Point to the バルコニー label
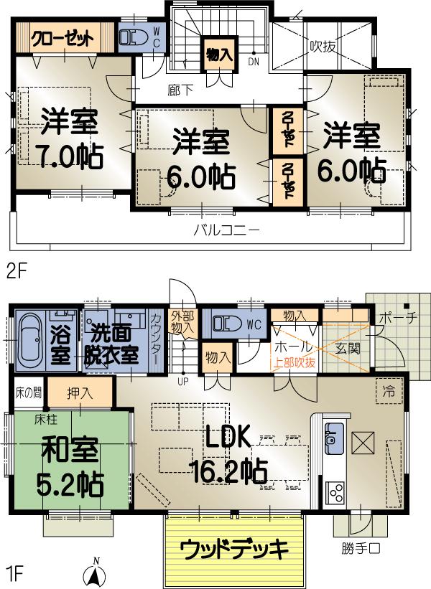click(226, 232)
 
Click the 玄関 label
click(347, 349)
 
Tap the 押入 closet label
click(79, 393)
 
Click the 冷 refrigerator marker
click(388, 392)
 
